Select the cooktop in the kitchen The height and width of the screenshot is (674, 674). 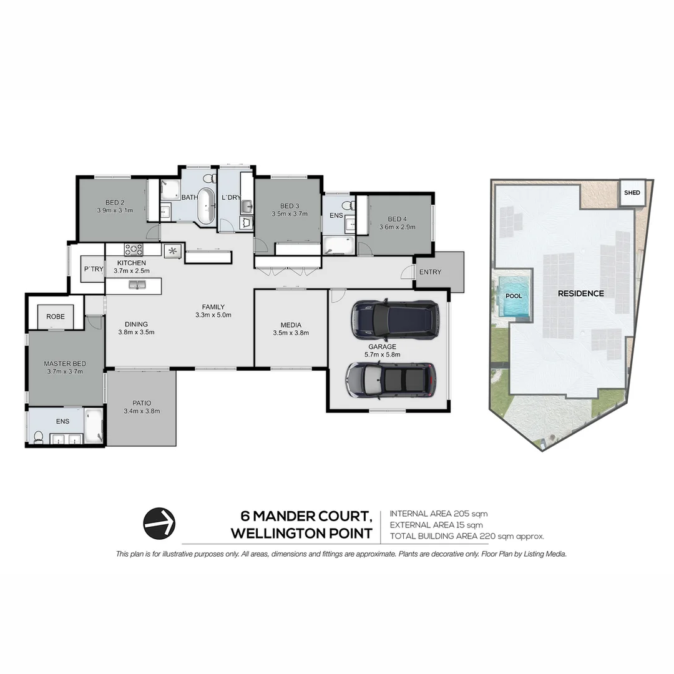coord(134,250)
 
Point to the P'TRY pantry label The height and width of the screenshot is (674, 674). coord(94,269)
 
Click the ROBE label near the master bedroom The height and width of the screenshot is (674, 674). coord(56,316)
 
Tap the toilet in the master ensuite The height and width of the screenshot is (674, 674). coord(39,436)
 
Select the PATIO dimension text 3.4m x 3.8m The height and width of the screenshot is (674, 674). coord(142,411)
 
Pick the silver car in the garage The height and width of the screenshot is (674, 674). coord(391,380)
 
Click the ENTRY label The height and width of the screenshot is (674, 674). coord(430,272)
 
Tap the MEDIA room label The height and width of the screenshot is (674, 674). coord(291,325)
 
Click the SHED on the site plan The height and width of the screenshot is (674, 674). coord(632,193)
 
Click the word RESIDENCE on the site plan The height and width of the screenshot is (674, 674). coord(580,293)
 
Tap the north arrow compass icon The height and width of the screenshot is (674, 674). coord(159,523)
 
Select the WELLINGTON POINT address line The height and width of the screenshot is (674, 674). coord(301,534)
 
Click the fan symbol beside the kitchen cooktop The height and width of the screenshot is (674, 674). coord(171,251)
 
